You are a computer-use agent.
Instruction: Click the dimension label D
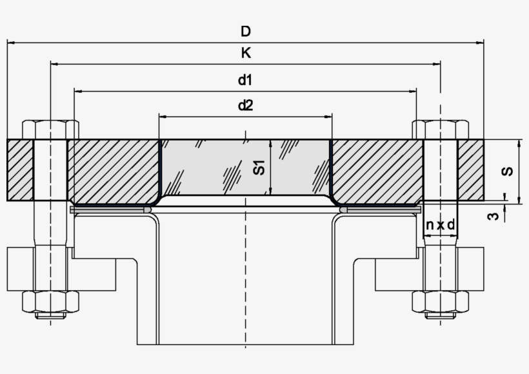click(x=245, y=31)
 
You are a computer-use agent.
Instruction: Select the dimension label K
click(x=245, y=54)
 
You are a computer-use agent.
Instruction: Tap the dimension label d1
click(x=245, y=80)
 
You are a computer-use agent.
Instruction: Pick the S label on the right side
click(x=508, y=171)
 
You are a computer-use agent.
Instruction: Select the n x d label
click(x=440, y=225)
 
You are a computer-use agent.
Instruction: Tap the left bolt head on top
click(x=50, y=130)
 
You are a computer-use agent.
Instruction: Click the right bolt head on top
click(x=441, y=130)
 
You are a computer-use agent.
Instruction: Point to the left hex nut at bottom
click(x=50, y=301)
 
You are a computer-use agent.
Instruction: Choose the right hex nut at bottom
click(x=441, y=301)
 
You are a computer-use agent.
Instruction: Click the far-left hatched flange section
click(x=20, y=170)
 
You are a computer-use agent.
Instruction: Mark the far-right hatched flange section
click(x=471, y=170)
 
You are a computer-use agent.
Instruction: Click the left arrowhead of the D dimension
click(x=11, y=43)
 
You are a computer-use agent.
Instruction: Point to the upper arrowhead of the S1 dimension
click(x=272, y=144)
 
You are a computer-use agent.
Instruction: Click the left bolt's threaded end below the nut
click(x=50, y=316)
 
